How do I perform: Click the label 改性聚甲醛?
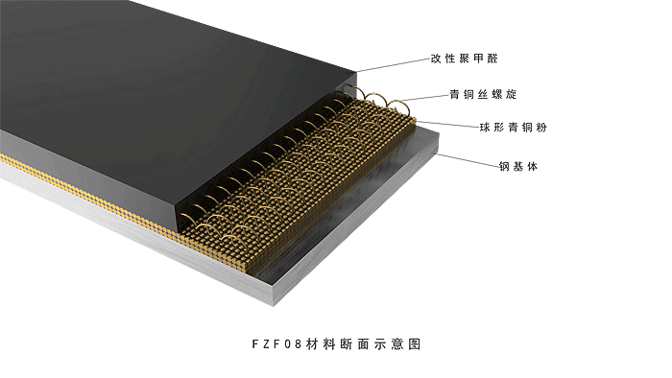[x=464, y=59]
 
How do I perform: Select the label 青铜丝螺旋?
[x=483, y=94]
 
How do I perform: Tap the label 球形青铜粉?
[x=514, y=128]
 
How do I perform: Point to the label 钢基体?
[x=518, y=166]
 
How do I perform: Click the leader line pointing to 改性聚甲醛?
[x=393, y=65]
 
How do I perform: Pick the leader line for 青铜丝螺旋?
[x=425, y=98]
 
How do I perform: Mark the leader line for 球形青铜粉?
[x=447, y=125]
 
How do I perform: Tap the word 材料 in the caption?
[x=321, y=343]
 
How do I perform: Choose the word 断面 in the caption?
[x=354, y=343]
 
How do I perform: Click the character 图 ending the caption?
[x=414, y=343]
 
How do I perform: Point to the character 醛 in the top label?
[x=492, y=59]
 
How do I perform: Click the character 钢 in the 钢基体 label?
[x=504, y=166]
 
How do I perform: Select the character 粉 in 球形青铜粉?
[x=541, y=128]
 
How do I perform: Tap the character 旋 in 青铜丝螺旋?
[x=512, y=94]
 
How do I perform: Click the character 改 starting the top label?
[x=436, y=59]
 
